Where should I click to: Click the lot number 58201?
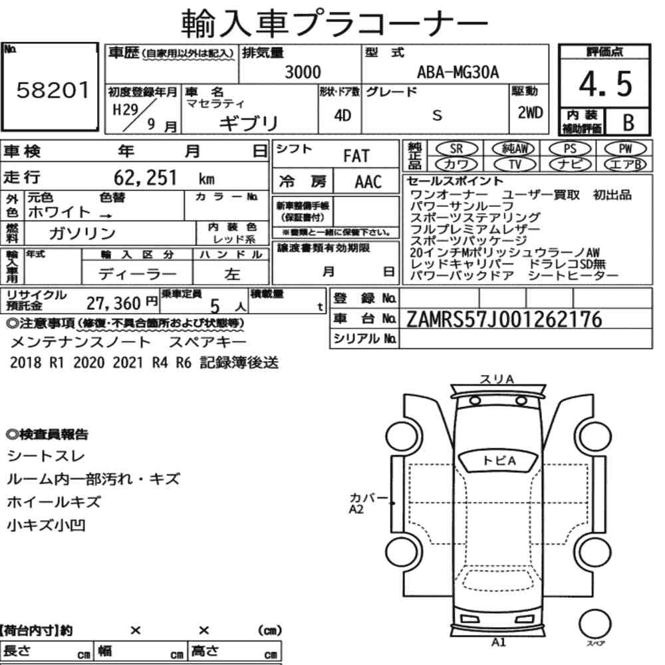point(53,90)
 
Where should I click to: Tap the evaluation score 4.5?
point(605,84)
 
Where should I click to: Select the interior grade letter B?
point(628,122)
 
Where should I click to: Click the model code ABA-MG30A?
point(458,72)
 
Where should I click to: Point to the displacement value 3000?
point(303,72)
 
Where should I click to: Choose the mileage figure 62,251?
point(145,178)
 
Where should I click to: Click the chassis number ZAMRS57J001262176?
point(504,319)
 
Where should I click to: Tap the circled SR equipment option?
point(457,149)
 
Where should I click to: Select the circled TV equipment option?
point(515,164)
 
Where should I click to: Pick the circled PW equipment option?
point(625,149)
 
